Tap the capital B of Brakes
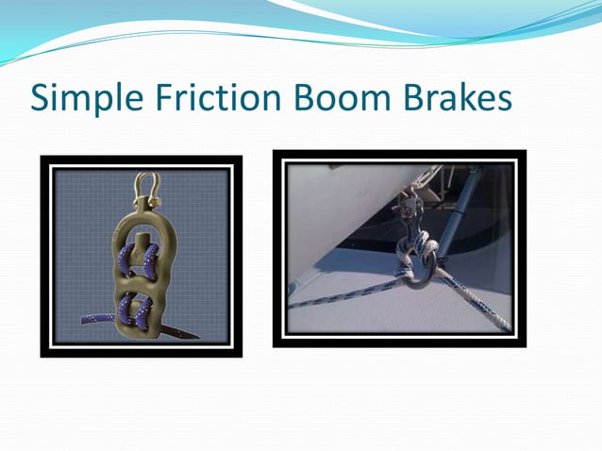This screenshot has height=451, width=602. (402, 98)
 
